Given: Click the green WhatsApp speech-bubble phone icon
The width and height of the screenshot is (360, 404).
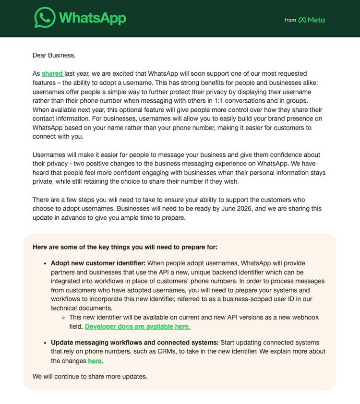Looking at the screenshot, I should pos(45,18).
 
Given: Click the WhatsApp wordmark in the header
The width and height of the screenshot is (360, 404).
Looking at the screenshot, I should pos(93,18).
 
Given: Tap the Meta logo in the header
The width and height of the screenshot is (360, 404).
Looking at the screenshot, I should pos(312,20).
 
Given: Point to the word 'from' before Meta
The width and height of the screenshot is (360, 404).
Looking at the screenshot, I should pos(290,20).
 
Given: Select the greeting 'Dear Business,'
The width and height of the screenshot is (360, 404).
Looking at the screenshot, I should pos(54,55).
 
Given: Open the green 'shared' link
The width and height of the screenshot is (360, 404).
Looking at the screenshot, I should pos(52,73).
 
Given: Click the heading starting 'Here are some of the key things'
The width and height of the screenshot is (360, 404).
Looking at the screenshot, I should pos(125,247).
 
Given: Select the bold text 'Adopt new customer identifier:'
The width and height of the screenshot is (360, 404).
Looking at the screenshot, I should pos(98,263).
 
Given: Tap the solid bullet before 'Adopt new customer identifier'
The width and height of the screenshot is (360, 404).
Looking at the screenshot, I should pos(45,263).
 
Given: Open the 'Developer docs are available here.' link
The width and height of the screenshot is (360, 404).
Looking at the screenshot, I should pos(137,326).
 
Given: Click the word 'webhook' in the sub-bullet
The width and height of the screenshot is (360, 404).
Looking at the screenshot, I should pos(306,317).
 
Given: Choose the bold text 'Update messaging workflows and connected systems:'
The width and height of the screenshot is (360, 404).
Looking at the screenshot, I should pos(134,343).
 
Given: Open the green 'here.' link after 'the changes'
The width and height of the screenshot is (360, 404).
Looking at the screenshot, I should pos(96,361).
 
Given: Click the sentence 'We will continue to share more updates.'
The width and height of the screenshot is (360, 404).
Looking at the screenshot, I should pos(90,377).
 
